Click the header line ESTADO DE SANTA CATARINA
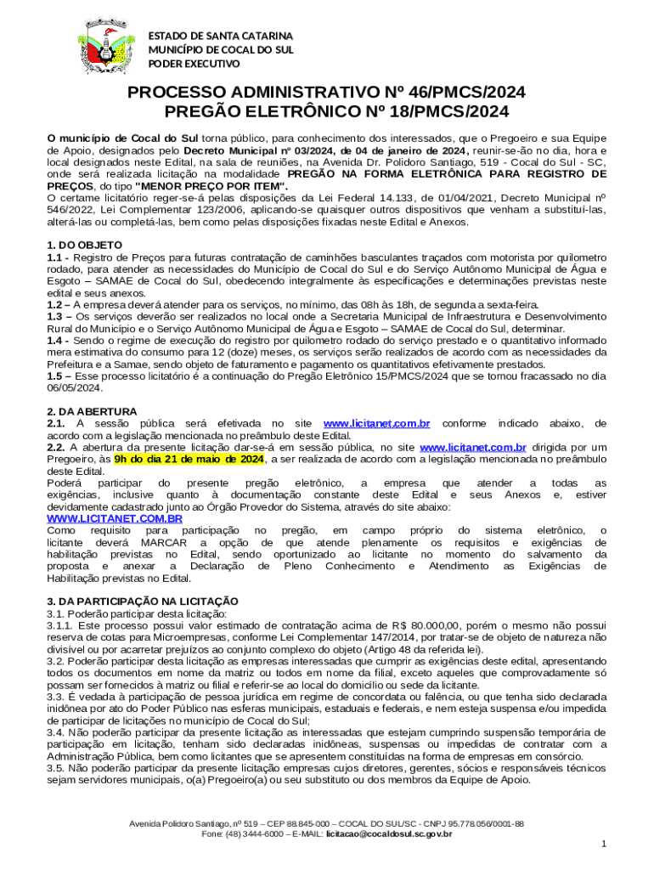pos(221,37)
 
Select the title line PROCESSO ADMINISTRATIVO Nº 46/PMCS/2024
pos(326,93)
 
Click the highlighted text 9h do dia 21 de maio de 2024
pos(189,460)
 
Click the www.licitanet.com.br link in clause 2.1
pos(377,423)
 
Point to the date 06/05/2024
pos(75,388)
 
